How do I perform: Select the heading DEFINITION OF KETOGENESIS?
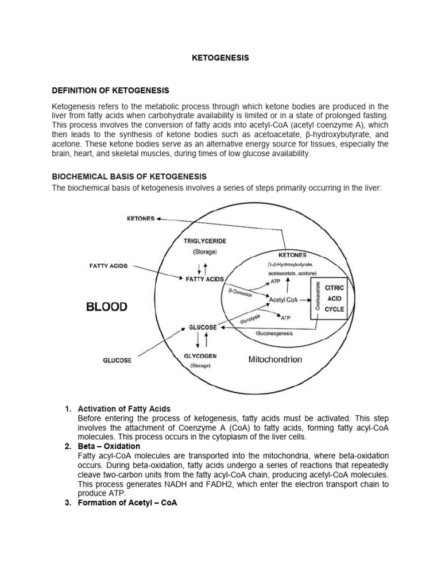111,90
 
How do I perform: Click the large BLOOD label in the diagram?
107,307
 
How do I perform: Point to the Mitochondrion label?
275,359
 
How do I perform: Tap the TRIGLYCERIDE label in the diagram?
201,242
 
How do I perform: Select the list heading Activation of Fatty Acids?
123,408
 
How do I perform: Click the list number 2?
67,446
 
